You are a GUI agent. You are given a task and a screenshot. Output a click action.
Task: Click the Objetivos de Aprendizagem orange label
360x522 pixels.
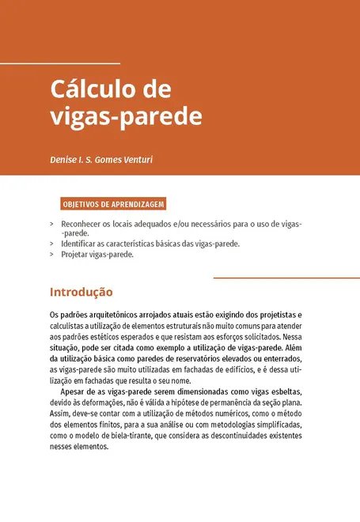(x=113, y=204)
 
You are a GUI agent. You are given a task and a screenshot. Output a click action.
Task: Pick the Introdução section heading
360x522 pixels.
(x=81, y=292)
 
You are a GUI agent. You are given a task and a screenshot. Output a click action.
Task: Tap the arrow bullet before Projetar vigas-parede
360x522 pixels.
(x=51, y=255)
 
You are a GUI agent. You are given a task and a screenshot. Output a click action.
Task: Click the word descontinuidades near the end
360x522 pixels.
(x=238, y=435)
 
